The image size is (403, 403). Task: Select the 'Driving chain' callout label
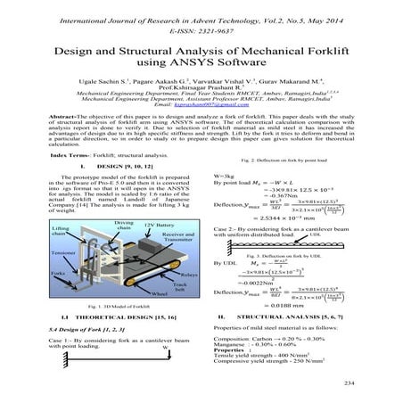tap(99, 224)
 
